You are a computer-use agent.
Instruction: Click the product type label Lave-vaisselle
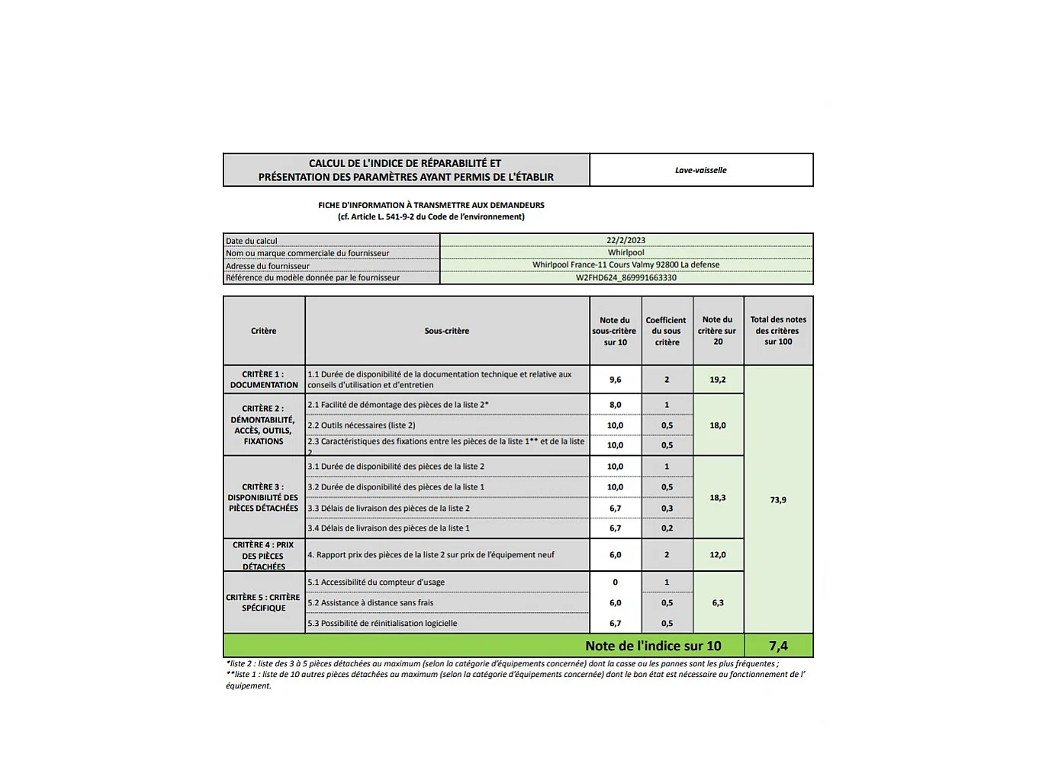700,170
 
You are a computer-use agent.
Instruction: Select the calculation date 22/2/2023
625,240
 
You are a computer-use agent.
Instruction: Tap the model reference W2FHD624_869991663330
625,278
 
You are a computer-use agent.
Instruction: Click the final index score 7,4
778,646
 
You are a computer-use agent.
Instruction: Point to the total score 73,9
778,500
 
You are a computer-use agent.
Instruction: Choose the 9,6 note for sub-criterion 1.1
615,380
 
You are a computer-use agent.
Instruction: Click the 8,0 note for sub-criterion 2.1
615,405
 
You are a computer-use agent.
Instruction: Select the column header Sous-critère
447,331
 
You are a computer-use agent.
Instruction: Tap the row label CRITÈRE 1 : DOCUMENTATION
264,380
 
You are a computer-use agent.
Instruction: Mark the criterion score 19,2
718,380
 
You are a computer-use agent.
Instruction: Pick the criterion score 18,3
718,498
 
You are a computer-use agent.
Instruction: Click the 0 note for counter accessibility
615,582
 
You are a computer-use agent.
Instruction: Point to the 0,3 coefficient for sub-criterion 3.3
667,509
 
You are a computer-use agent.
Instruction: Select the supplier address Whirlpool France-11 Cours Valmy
625,265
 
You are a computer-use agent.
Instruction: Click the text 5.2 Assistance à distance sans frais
371,603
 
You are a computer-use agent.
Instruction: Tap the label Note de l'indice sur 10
653,646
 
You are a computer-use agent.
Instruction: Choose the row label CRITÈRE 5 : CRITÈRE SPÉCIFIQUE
263,603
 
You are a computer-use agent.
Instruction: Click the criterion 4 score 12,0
718,555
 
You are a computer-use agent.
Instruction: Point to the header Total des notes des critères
778,331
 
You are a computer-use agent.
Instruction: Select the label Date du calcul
252,241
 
